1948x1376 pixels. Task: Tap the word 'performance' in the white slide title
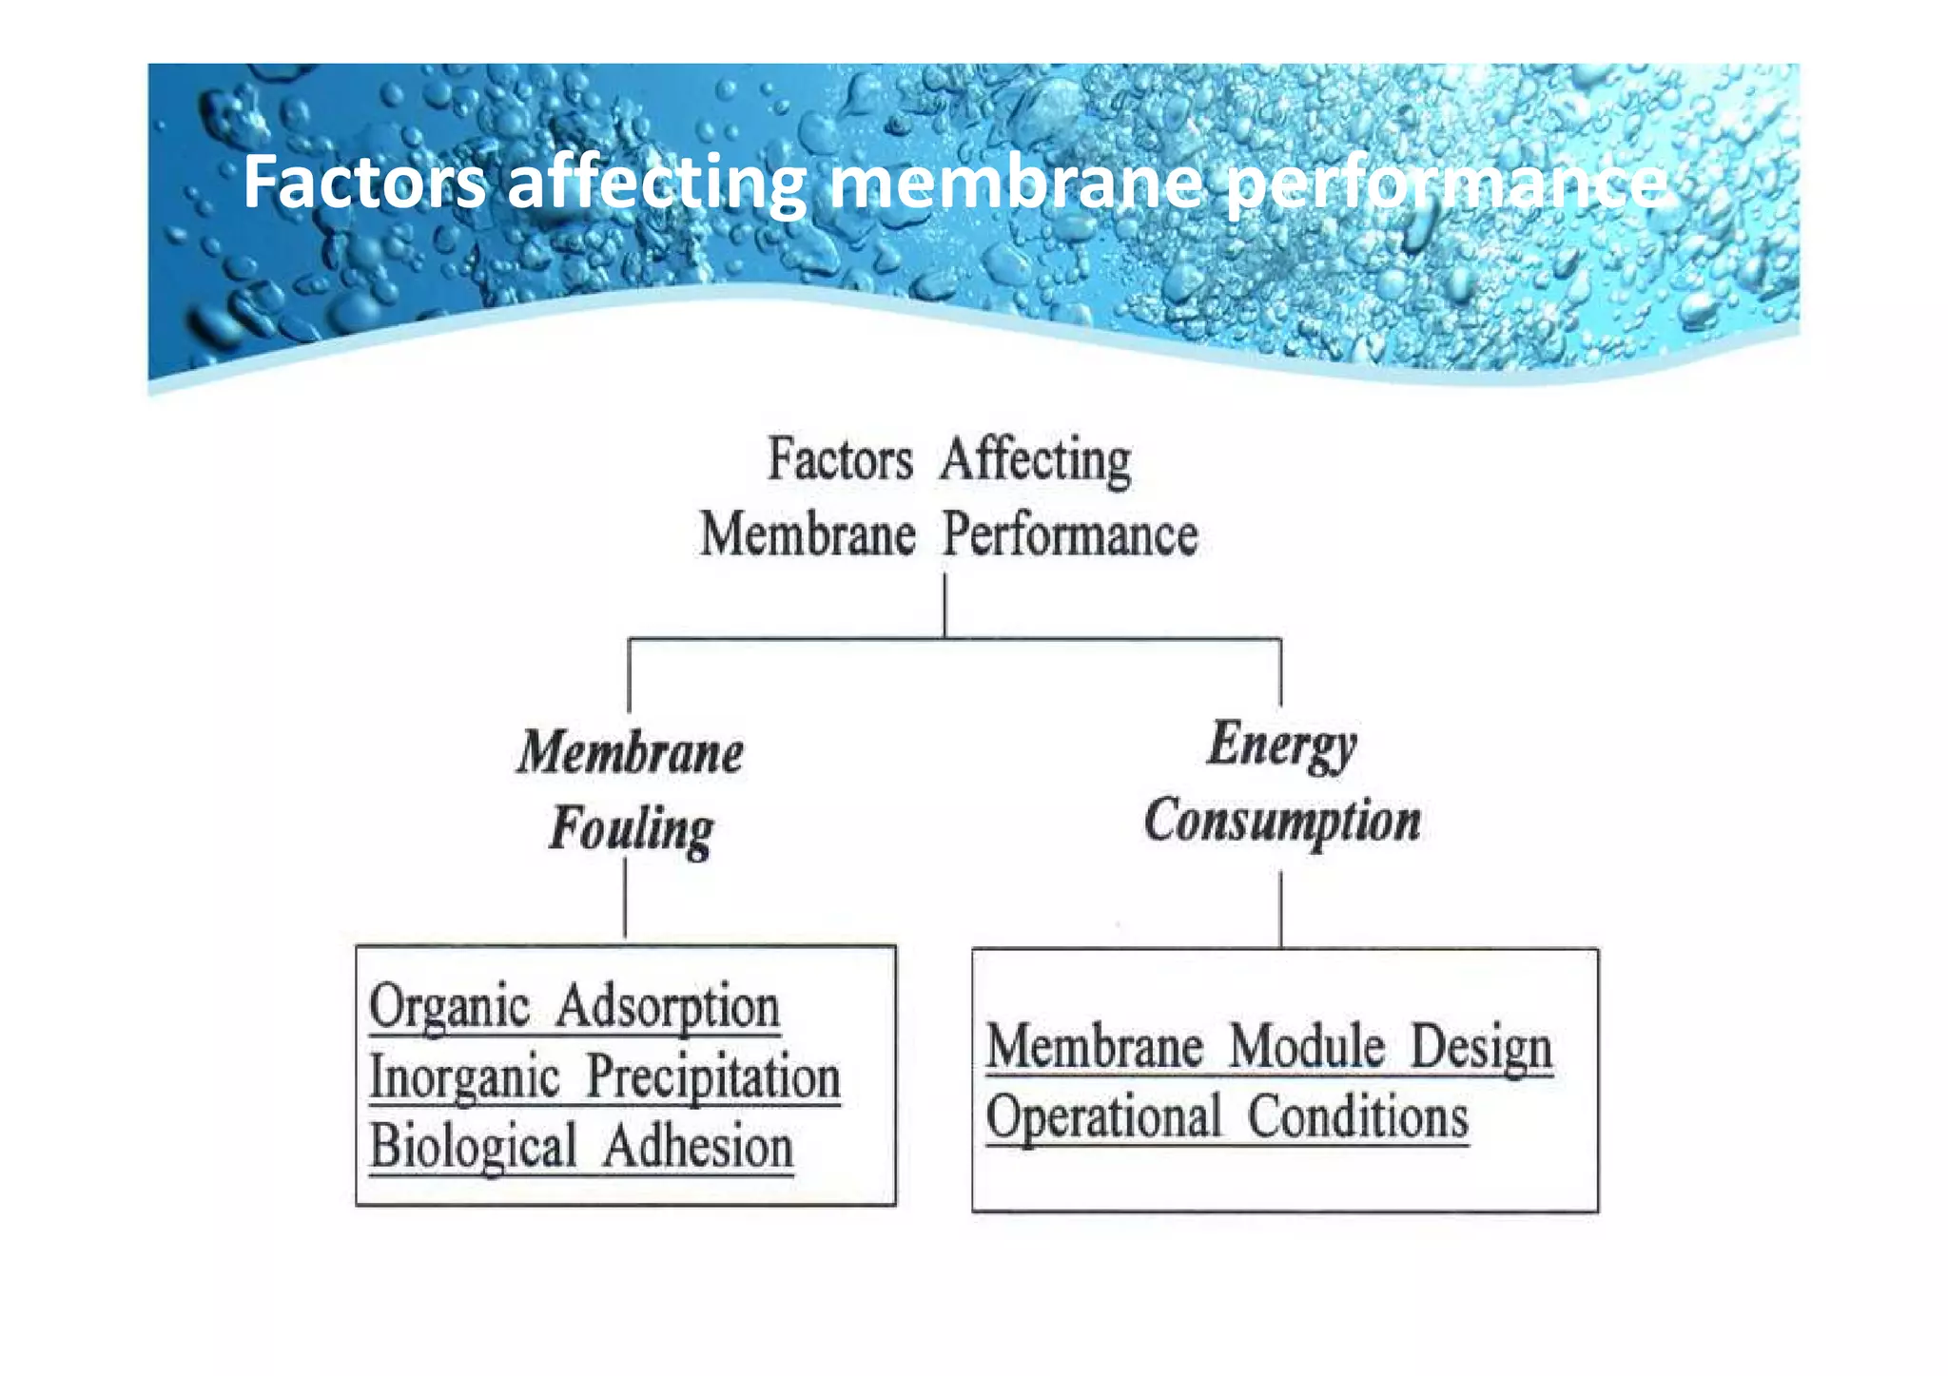(1445, 184)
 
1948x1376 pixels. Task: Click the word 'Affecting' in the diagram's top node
(1036, 460)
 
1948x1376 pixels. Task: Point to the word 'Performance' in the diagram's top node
(1070, 535)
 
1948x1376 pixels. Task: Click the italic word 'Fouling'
(632, 829)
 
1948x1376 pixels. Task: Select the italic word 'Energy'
(1281, 746)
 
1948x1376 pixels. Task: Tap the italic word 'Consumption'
(1282, 822)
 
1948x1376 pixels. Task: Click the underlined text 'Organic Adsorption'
(575, 1007)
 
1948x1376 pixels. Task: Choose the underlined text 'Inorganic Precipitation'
(605, 1077)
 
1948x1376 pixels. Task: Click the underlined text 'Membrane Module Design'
(1269, 1048)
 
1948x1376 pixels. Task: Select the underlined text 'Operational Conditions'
(1227, 1117)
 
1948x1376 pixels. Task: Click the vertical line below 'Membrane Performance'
(945, 605)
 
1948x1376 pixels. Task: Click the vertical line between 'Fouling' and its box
(625, 899)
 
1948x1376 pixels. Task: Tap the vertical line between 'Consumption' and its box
(1280, 910)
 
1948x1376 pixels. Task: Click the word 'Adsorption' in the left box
(668, 1007)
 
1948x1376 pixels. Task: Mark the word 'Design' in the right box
(1481, 1048)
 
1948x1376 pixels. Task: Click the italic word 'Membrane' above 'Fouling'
(631, 753)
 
